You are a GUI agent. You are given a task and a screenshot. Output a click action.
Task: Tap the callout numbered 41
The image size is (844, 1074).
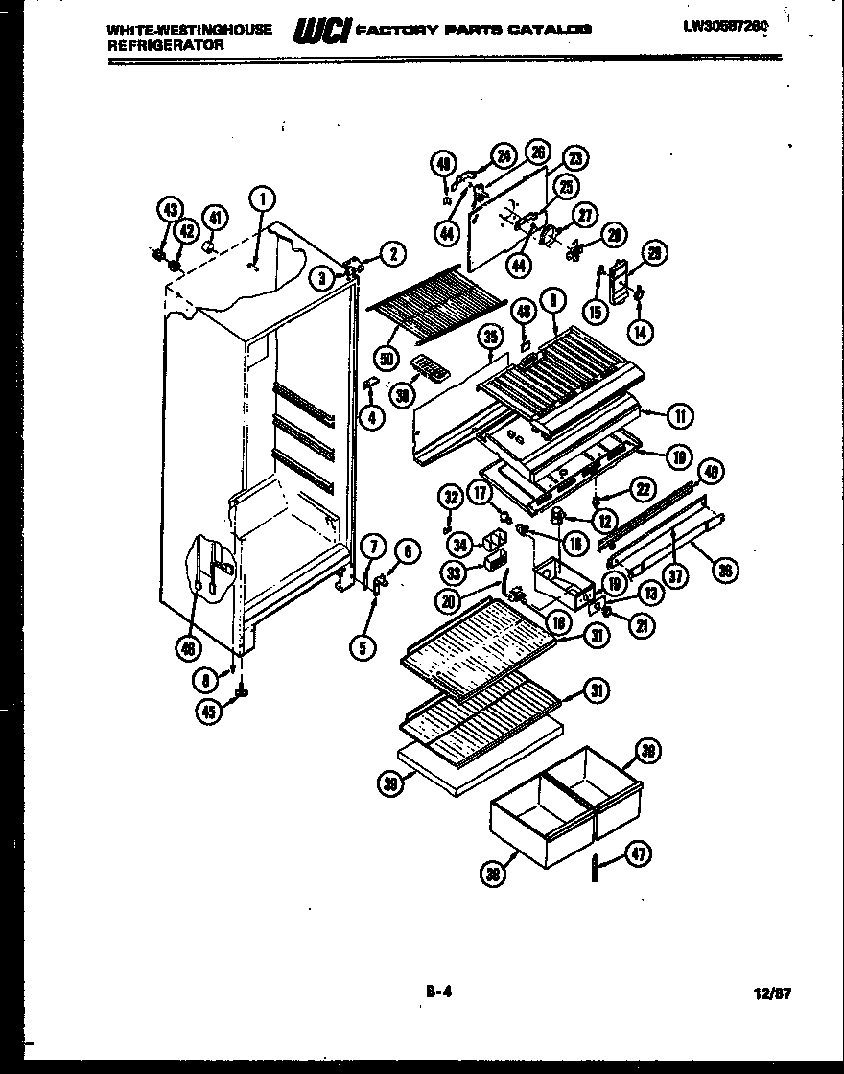[x=218, y=219]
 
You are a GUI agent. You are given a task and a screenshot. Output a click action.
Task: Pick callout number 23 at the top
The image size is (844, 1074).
[x=575, y=158]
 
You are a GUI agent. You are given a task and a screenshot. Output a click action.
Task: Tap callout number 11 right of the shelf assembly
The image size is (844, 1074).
[x=681, y=415]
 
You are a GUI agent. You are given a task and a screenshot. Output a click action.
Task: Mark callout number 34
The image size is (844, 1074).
[x=461, y=545]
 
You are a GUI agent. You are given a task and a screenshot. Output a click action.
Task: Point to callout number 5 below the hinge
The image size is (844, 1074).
[x=363, y=648]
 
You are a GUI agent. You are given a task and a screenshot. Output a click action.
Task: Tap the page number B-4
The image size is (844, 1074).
[x=438, y=993]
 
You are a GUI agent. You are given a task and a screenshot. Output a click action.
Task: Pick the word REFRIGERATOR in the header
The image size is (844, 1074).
[x=166, y=45]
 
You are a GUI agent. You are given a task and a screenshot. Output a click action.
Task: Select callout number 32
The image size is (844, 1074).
[x=450, y=496]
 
